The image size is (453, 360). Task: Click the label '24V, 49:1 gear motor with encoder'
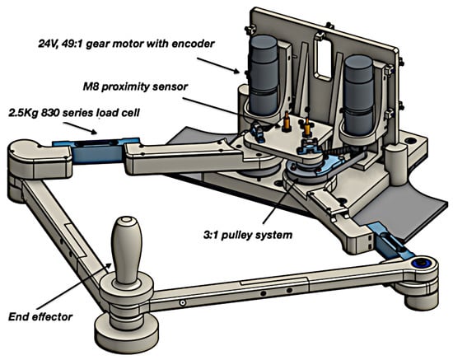(126, 44)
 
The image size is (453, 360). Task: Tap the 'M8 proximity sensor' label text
(135, 86)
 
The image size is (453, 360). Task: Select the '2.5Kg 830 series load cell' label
(74, 112)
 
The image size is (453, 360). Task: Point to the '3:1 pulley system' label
(248, 235)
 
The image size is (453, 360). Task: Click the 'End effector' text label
(40, 317)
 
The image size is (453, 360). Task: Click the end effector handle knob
(127, 250)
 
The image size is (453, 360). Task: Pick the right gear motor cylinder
(358, 96)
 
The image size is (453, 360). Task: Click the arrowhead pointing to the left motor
(236, 70)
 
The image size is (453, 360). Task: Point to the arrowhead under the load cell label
(94, 132)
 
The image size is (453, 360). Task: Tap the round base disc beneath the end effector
(127, 330)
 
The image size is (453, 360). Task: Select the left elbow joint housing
(38, 159)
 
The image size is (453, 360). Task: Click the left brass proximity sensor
(287, 122)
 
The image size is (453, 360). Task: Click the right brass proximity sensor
(306, 128)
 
